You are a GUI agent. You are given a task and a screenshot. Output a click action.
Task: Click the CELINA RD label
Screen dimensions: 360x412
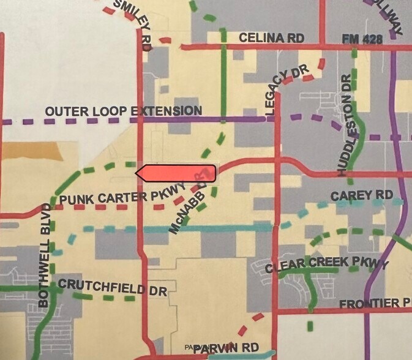pos(271,38)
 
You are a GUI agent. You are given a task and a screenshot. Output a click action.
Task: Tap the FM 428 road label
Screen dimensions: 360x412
pos(362,40)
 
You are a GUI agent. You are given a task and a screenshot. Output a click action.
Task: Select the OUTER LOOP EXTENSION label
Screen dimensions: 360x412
pos(123,111)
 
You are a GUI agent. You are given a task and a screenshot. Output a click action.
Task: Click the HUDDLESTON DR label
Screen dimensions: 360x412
pos(346,125)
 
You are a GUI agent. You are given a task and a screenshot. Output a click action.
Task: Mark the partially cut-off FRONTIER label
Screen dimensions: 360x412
pos(375,304)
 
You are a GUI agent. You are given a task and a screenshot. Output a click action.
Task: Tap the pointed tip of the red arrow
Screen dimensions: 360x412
pos(137,173)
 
